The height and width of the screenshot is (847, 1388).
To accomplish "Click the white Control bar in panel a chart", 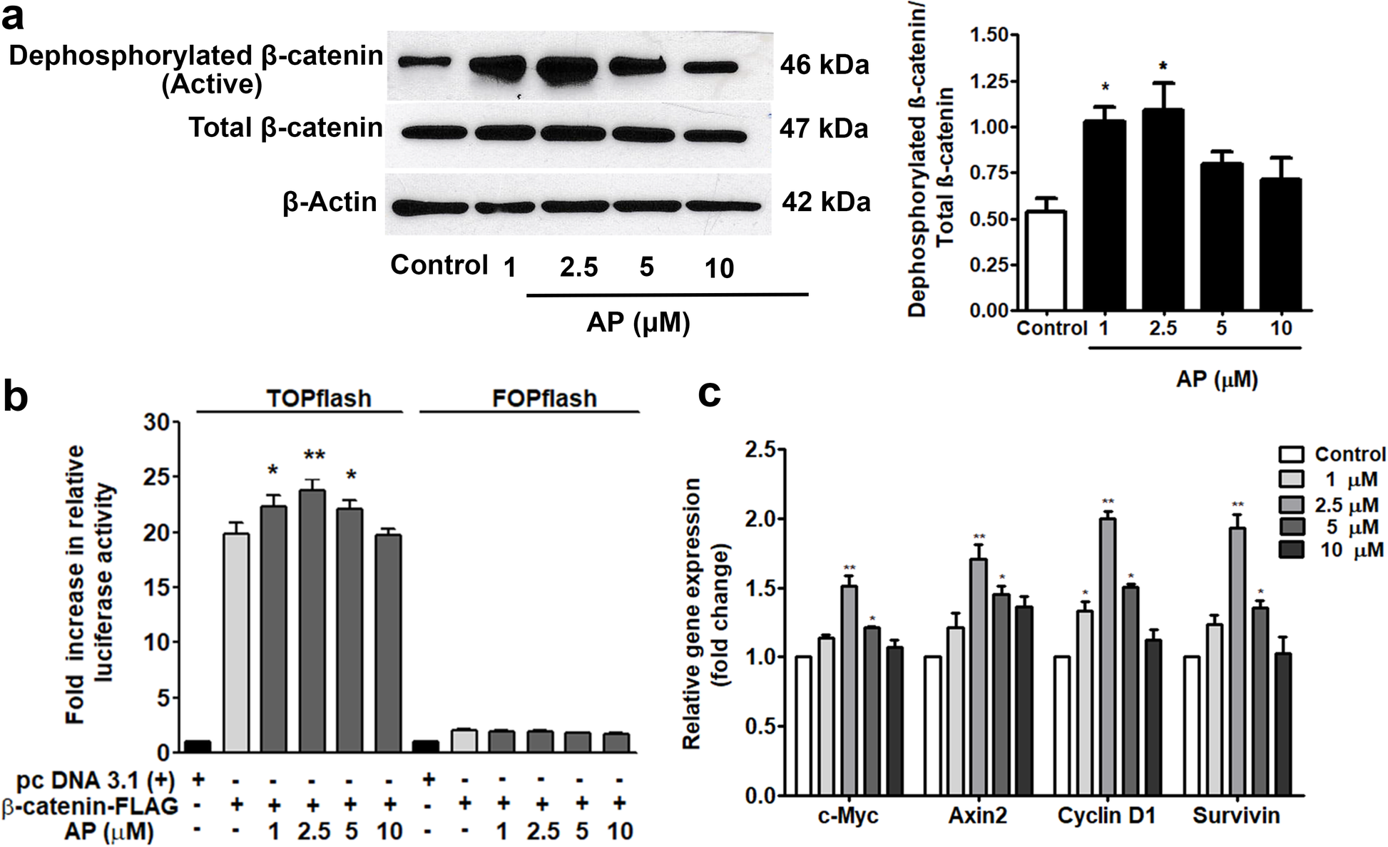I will tap(1045, 261).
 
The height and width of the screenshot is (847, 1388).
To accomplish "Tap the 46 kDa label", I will tap(824, 65).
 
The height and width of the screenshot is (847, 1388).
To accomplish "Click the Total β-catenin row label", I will tap(285, 128).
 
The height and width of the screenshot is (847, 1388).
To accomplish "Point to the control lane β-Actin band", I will tap(425, 207).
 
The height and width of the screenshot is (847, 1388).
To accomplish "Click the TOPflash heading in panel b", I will tap(319, 398).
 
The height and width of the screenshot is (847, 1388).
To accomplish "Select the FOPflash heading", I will tap(544, 398).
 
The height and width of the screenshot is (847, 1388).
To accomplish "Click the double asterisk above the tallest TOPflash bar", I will tap(314, 456).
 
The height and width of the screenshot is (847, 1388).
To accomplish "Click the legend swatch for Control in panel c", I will tap(1291, 455).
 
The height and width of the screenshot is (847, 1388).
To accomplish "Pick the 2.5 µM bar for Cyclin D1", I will tap(1108, 657).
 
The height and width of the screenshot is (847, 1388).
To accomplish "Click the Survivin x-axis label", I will tap(1236, 816).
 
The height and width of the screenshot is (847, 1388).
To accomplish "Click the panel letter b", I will tap(16, 396).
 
